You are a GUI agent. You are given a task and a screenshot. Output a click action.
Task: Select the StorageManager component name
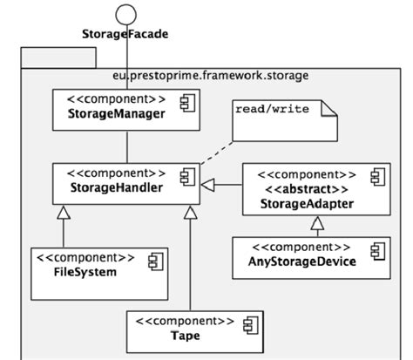point(116,113)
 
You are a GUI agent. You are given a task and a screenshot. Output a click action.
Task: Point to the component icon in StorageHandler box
point(185,177)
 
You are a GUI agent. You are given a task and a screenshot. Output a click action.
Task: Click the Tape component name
point(181,335)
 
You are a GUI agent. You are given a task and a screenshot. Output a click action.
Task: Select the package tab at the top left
point(57,59)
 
